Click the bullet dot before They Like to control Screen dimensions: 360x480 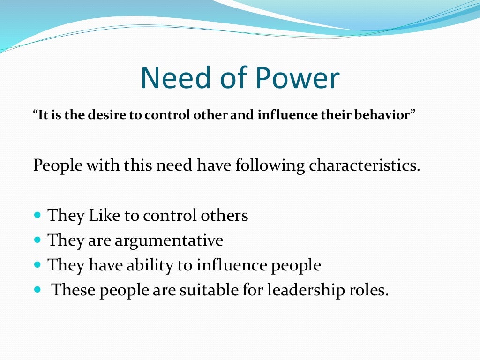pyautogui.click(x=38, y=216)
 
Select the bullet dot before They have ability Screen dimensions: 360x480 pyautogui.click(x=38, y=265)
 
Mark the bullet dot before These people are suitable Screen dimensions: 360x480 pyautogui.click(x=38, y=290)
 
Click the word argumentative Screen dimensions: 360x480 pyautogui.click(x=169, y=241)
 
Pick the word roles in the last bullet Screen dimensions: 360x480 pyautogui.click(x=373, y=290)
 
